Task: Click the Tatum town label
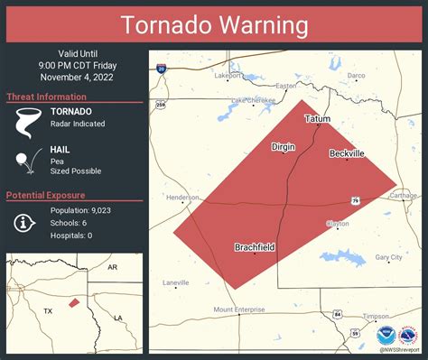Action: [317, 119]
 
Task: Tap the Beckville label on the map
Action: [347, 154]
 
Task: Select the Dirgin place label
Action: [284, 146]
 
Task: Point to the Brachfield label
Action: [255, 247]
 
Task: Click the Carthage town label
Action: [403, 196]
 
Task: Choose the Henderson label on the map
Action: [182, 198]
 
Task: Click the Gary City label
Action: [388, 257]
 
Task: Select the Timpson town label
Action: [377, 317]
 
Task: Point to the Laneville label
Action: [176, 282]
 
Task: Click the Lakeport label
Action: [228, 76]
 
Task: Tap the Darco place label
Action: [357, 76]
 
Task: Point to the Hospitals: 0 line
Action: [71, 235]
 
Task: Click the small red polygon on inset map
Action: [74, 303]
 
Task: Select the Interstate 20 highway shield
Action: [160, 68]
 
